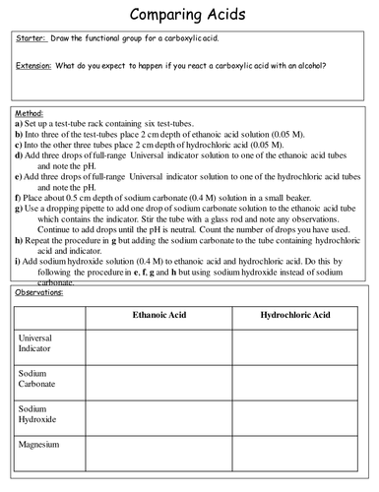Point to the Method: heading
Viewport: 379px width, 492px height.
pyautogui.click(x=31, y=114)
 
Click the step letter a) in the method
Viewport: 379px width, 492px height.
pyautogui.click(x=20, y=125)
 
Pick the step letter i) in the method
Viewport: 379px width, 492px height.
pyautogui.click(x=19, y=261)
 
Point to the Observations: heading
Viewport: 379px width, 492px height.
pyautogui.click(x=40, y=293)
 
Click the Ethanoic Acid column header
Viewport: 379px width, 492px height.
pyautogui.click(x=158, y=317)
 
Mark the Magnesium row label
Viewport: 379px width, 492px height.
pyautogui.click(x=41, y=445)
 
